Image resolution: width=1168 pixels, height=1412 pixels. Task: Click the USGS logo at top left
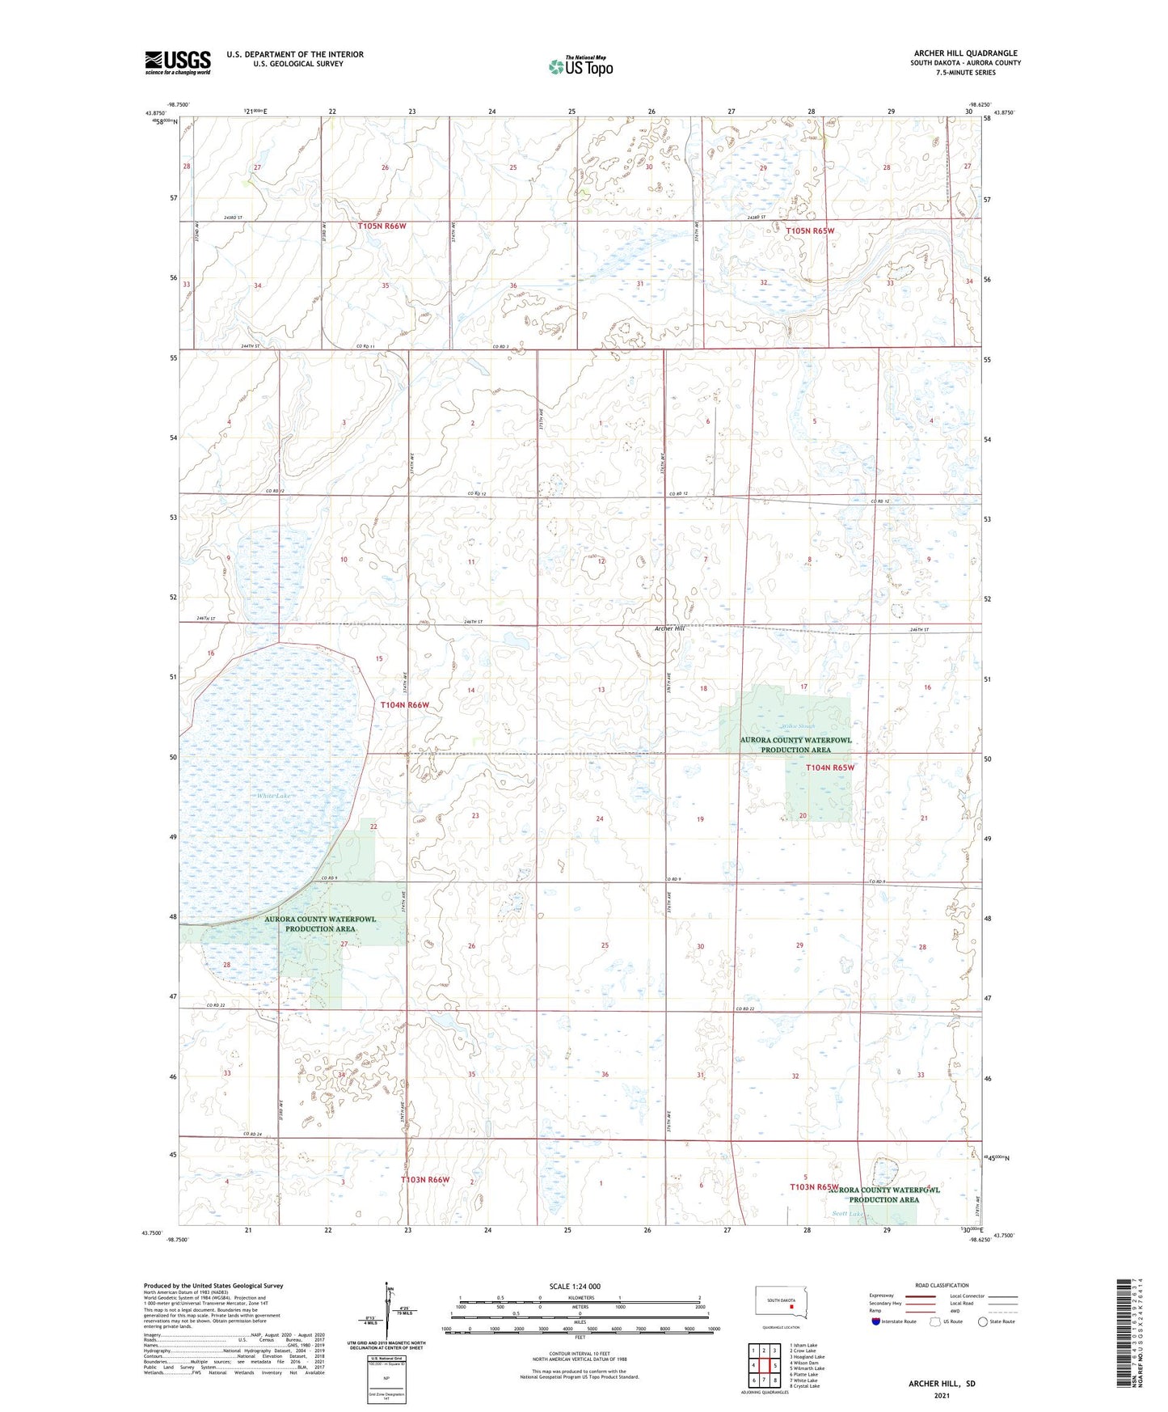coord(177,62)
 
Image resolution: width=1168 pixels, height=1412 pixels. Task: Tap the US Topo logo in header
coord(580,66)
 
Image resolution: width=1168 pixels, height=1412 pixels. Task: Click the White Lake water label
coord(273,797)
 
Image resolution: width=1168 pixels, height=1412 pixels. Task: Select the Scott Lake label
coord(849,1214)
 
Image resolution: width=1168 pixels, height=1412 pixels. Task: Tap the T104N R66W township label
coord(404,705)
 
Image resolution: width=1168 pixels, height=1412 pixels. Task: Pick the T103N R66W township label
coord(425,1180)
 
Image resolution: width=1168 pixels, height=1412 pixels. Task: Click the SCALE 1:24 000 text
coord(575,1286)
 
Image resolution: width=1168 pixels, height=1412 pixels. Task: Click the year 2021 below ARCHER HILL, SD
coord(942,1394)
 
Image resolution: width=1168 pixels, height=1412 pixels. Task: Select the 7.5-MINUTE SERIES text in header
coord(965,73)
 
